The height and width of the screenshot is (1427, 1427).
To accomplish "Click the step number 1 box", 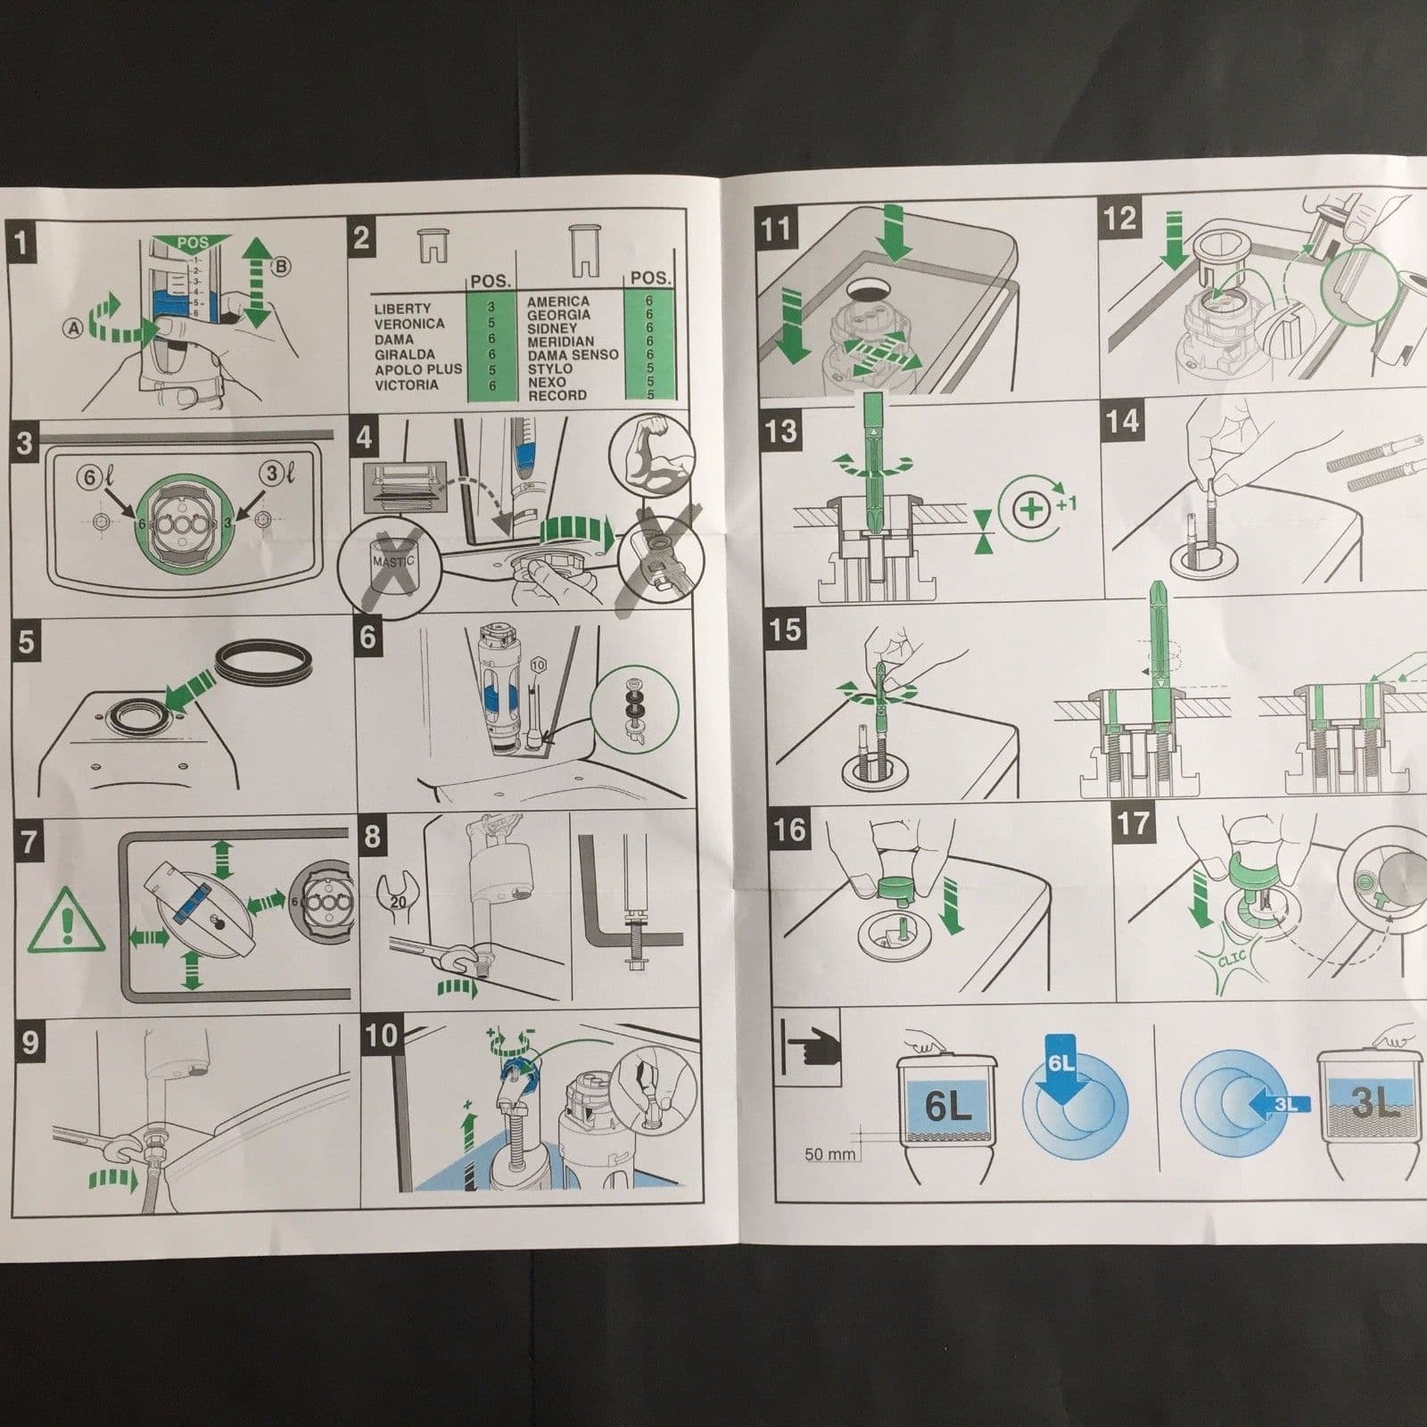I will [x=21, y=242].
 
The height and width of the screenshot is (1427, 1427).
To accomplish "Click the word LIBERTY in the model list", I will [x=402, y=309].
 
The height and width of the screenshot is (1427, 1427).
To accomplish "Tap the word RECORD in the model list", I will [x=557, y=395].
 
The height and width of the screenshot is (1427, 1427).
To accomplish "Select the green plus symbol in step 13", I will [x=1032, y=510].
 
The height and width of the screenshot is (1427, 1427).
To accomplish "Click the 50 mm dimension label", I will [x=829, y=1153].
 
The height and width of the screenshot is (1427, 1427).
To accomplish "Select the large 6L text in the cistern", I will [x=947, y=1106].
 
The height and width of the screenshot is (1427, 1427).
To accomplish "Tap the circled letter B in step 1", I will [x=281, y=267].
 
